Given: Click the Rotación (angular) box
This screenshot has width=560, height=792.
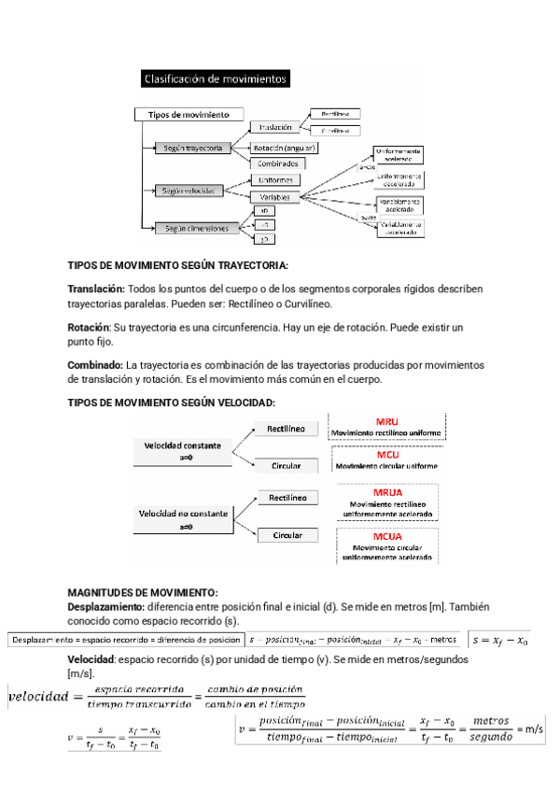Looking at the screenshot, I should [285, 148].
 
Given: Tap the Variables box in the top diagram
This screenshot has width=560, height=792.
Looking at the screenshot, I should [275, 197].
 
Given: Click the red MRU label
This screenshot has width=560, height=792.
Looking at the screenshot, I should [385, 421].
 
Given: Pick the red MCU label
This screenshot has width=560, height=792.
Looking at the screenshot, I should [385, 454].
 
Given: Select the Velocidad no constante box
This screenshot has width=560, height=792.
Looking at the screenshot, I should [184, 517].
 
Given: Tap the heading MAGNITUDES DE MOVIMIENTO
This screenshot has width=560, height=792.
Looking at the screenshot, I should [143, 592].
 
